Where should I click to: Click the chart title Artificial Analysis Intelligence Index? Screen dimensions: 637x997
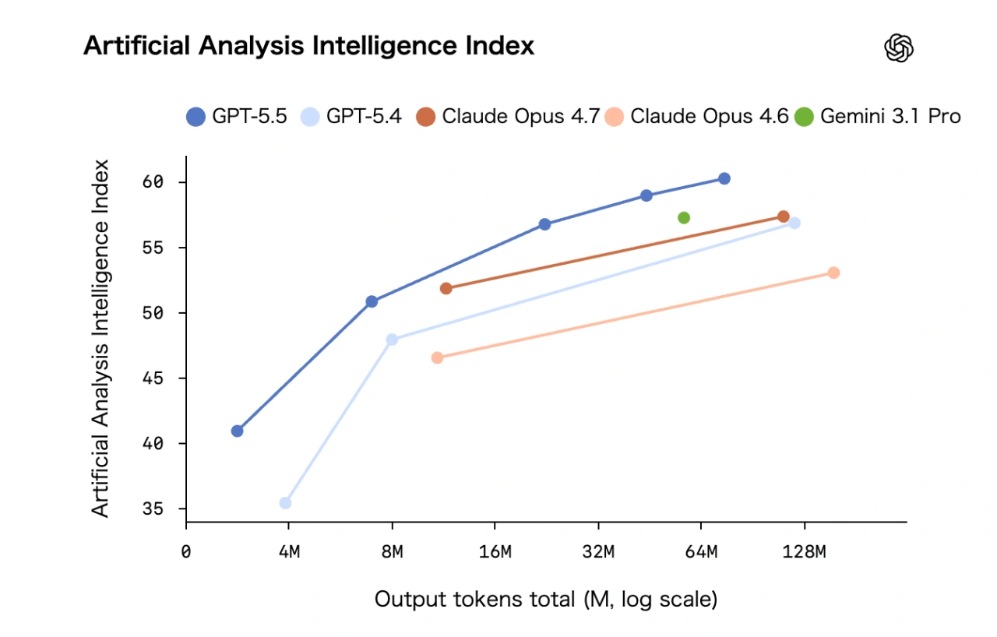click(x=308, y=46)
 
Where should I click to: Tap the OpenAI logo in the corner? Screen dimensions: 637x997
click(x=899, y=49)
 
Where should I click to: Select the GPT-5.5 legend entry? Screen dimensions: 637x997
click(x=237, y=117)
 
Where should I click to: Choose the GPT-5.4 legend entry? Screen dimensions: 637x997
click(x=351, y=117)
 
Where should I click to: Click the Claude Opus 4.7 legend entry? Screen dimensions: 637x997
click(x=507, y=117)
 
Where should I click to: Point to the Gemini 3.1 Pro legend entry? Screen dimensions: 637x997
click(x=878, y=117)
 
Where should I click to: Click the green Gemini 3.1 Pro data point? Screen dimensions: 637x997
click(x=684, y=218)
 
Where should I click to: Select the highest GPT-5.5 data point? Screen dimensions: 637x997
click(x=724, y=178)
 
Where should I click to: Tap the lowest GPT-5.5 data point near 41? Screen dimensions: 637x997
click(x=238, y=431)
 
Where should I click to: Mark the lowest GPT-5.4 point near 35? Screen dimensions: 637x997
click(x=285, y=503)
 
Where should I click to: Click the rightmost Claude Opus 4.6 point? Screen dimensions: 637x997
click(x=833, y=273)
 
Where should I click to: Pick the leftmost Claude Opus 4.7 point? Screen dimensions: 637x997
click(x=446, y=289)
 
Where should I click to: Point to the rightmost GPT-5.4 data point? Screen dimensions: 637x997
click(x=794, y=223)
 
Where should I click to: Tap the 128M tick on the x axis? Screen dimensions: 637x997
click(x=804, y=552)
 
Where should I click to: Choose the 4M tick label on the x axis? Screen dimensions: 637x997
click(x=289, y=552)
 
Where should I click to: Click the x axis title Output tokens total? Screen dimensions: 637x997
click(x=545, y=600)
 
